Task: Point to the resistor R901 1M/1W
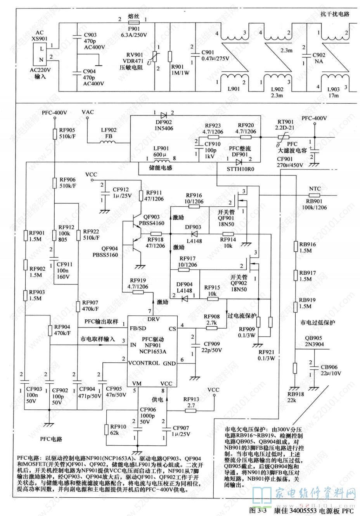coord(170,56)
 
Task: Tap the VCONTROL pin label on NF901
coord(144,363)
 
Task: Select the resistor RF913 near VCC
coord(191,410)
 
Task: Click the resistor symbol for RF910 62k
coord(106,430)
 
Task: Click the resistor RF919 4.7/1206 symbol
coord(138,292)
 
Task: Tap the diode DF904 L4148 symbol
coord(184,298)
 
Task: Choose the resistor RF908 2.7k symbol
coord(211,328)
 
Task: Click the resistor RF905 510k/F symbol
coord(55,134)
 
